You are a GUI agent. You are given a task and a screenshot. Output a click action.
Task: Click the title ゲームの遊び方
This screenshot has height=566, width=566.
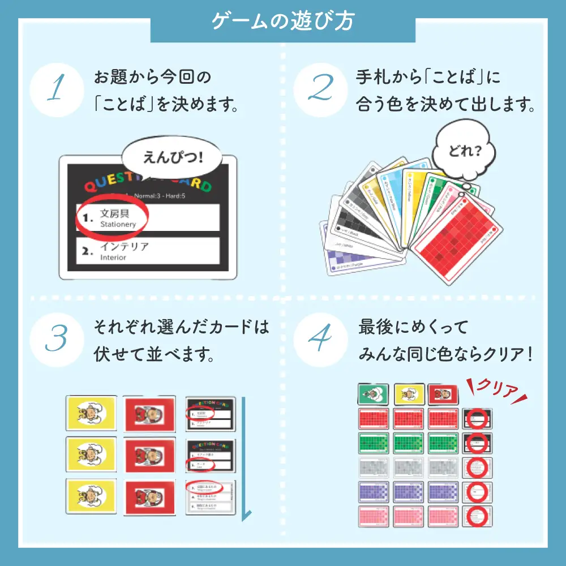pyautogui.click(x=282, y=21)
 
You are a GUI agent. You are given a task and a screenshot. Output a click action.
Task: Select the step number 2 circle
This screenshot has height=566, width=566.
pyautogui.click(x=320, y=91)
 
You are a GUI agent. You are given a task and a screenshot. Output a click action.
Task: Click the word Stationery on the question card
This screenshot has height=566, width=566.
pyautogui.click(x=118, y=224)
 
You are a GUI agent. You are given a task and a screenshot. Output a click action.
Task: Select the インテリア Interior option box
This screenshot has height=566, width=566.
pyautogui.click(x=148, y=251)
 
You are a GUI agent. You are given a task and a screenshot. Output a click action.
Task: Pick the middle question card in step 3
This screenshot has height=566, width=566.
pyautogui.click(x=210, y=455)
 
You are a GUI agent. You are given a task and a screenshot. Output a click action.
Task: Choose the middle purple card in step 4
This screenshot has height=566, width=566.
pyautogui.click(x=408, y=492)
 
